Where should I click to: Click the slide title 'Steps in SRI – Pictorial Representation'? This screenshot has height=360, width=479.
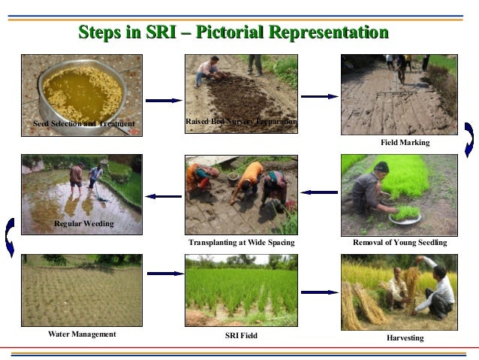point(233,32)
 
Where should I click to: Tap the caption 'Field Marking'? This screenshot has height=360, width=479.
point(405,142)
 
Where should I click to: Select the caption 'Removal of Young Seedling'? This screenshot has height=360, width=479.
point(399,243)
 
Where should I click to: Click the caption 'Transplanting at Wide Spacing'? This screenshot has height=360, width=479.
point(241,243)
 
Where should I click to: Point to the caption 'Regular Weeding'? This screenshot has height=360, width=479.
point(84,224)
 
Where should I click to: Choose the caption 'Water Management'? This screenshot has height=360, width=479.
point(82,333)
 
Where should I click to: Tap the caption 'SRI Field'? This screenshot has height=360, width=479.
point(241,335)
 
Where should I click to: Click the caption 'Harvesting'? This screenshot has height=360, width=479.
point(405,338)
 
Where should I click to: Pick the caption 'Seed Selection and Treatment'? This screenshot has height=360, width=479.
point(84,123)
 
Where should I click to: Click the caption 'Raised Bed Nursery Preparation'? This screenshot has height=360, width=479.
point(241,121)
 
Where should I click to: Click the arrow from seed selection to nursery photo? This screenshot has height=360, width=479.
point(163,100)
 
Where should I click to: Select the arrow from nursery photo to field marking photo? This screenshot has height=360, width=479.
point(319,96)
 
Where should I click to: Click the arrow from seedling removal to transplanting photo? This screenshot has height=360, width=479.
point(318,192)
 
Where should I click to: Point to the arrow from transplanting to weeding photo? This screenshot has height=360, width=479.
point(162,197)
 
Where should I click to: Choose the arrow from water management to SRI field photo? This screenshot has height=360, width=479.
point(164,274)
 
